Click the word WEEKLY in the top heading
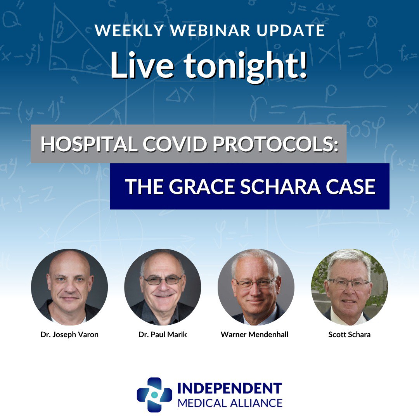tap(129, 30)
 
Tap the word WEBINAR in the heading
tap(210, 30)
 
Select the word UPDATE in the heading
tap(291, 30)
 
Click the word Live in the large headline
tap(142, 65)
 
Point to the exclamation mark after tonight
tap(303, 64)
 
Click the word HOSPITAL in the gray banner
tap(89, 144)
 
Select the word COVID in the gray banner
tap(175, 144)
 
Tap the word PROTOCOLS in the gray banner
tap(273, 144)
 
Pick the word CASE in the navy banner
tap(351, 187)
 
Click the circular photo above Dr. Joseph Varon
tap(69, 287)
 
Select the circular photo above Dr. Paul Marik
tap(163, 287)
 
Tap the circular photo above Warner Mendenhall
tap(256, 287)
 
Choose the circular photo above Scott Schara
tap(350, 287)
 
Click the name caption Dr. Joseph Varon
tap(69, 334)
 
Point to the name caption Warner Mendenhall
tap(255, 334)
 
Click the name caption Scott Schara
tap(350, 334)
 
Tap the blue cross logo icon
tap(154, 395)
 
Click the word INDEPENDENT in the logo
tap(230, 388)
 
